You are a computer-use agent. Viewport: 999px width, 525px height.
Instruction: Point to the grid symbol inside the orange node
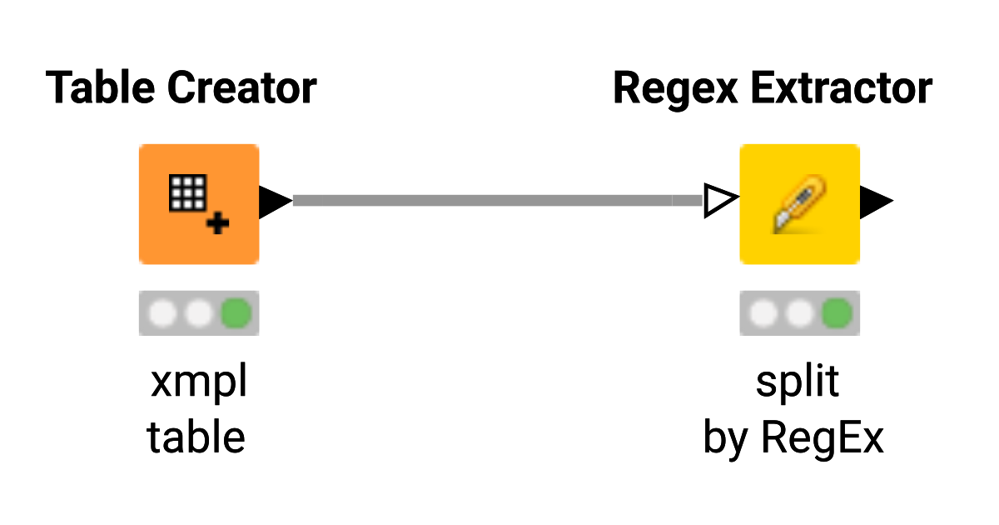point(186,193)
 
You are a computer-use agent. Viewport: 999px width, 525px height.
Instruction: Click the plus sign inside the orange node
point(219,223)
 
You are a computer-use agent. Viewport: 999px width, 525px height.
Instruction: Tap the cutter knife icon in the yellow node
point(798,204)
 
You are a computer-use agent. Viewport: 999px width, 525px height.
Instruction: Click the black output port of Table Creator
point(274,202)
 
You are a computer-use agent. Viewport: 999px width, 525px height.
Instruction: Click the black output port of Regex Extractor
point(875,201)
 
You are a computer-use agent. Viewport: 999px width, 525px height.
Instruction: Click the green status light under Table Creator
point(236,314)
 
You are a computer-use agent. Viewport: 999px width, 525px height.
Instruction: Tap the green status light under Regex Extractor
point(837,314)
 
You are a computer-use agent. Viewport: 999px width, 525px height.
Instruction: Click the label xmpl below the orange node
point(199,383)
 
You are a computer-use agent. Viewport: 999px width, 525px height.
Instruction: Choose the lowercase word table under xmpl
point(196,437)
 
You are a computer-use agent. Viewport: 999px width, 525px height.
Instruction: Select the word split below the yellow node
point(797,383)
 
